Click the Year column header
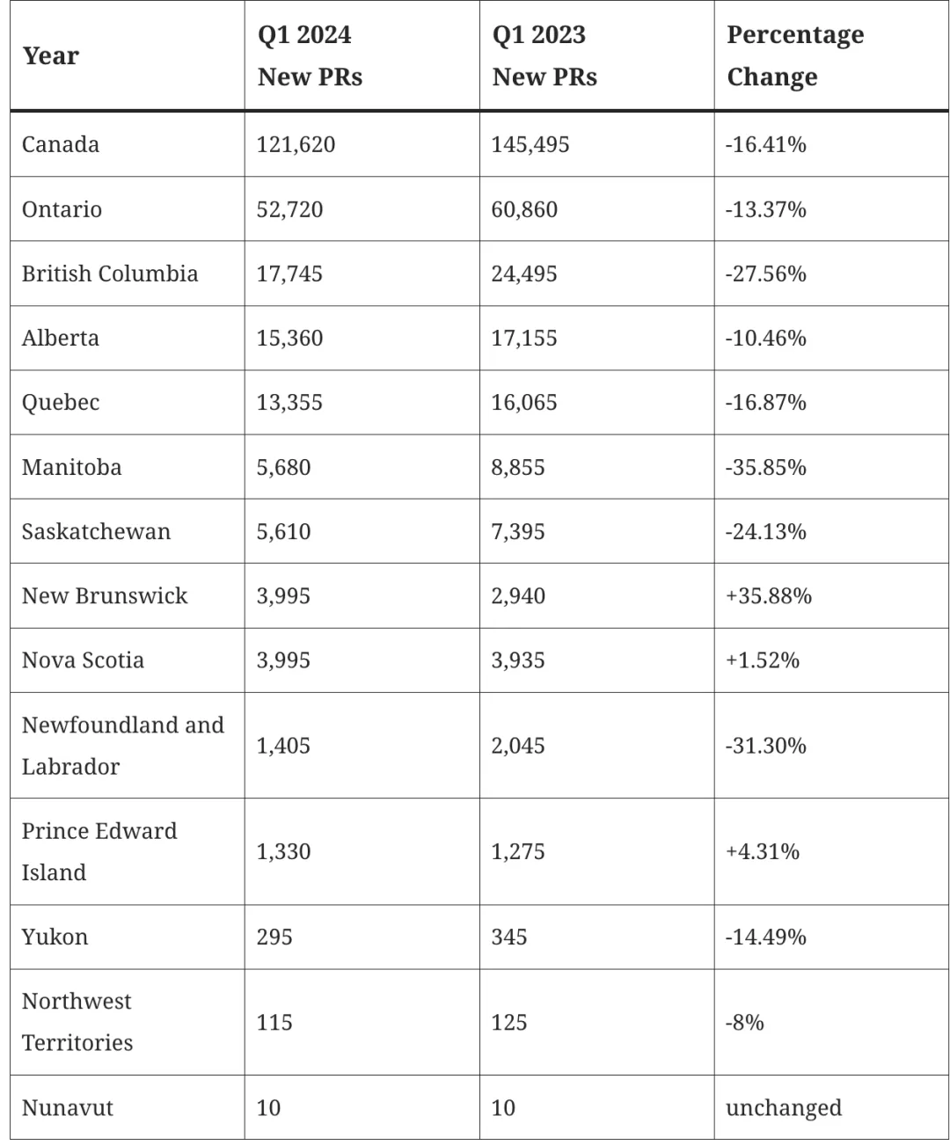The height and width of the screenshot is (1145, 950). click(51, 55)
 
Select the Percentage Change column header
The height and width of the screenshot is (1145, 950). click(795, 55)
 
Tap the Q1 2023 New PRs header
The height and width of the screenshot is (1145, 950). click(544, 55)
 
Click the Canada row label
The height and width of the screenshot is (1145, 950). click(61, 144)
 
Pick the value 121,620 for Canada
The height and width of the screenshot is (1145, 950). click(296, 144)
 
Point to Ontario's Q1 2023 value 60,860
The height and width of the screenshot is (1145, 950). click(524, 209)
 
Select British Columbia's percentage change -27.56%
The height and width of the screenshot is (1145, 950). click(765, 273)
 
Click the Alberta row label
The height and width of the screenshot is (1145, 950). click(61, 338)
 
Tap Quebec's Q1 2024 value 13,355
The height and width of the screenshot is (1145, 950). click(289, 402)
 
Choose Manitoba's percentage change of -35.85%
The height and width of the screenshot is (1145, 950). click(765, 467)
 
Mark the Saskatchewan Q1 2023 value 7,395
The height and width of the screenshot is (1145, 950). click(518, 531)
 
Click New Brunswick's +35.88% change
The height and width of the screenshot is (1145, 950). click(769, 595)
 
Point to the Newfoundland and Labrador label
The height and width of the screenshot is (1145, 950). click(123, 745)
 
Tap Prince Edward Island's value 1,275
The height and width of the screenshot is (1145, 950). click(518, 851)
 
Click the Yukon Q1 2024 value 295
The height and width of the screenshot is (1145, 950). click(274, 937)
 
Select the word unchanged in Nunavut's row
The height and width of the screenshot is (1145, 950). click(783, 1108)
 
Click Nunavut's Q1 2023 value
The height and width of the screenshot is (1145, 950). click(503, 1108)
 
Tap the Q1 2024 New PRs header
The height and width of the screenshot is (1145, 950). click(310, 55)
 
